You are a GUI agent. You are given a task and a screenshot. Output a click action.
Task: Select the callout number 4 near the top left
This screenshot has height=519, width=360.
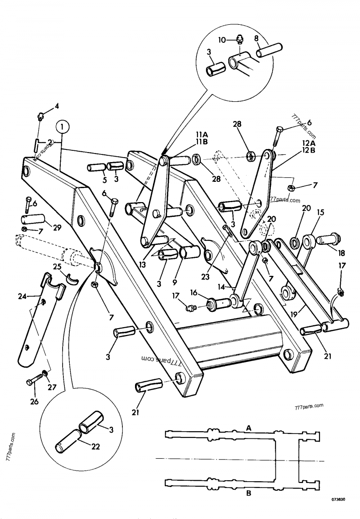point(57,106)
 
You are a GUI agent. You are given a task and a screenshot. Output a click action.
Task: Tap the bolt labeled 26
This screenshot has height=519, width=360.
point(32,383)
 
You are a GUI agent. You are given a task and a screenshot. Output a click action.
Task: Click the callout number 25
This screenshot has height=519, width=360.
point(57,267)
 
